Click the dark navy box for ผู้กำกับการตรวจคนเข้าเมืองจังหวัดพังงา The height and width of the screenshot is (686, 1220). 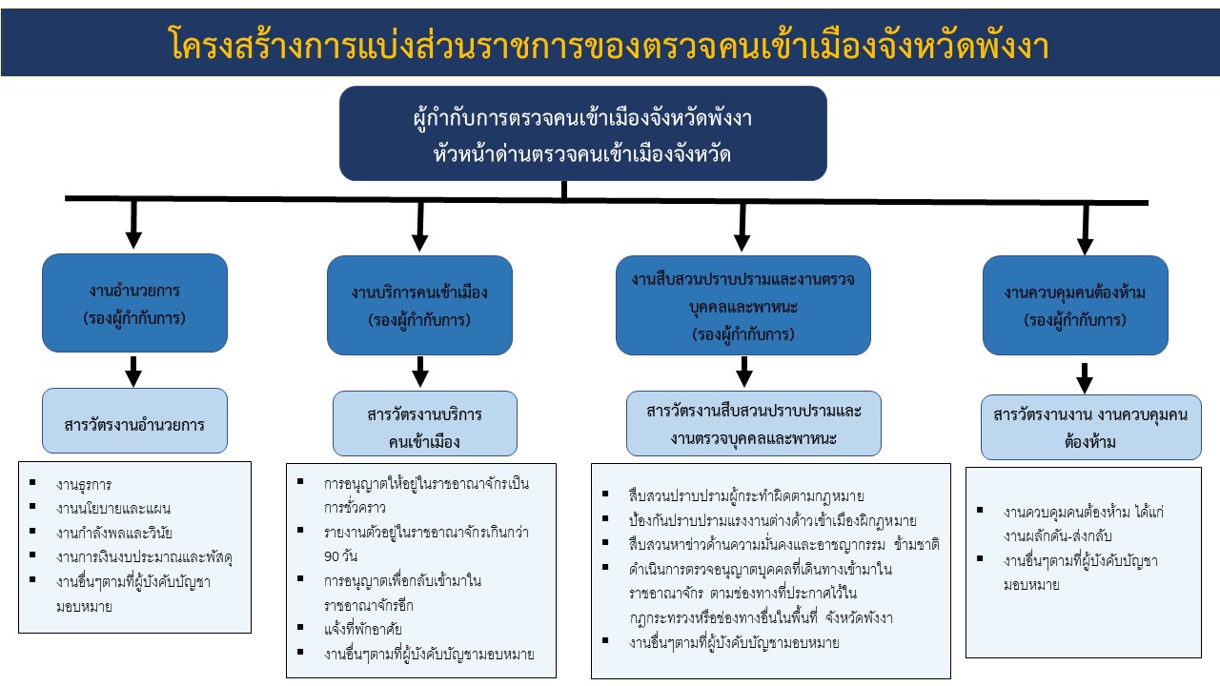point(582,133)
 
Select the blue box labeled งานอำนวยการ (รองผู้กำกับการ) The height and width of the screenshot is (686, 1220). point(134,304)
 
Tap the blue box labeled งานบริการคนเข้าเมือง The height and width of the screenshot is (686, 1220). point(419,306)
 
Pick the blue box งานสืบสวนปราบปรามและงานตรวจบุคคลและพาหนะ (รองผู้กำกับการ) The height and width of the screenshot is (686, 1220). point(742,306)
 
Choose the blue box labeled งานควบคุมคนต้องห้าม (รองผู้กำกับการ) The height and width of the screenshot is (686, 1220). point(1075,306)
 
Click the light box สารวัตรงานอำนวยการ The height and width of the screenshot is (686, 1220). point(134,421)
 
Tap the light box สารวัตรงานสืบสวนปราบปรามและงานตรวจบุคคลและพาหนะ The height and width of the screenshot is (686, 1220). point(753,424)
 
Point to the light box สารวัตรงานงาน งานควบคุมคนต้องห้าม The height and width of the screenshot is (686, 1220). point(1090,428)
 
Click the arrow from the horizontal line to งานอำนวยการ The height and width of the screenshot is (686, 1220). point(133,225)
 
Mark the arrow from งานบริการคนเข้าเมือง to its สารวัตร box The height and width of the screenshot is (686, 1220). point(419,371)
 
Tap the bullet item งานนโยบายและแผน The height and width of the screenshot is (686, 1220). point(113,508)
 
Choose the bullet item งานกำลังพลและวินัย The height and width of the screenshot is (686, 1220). point(113,531)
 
